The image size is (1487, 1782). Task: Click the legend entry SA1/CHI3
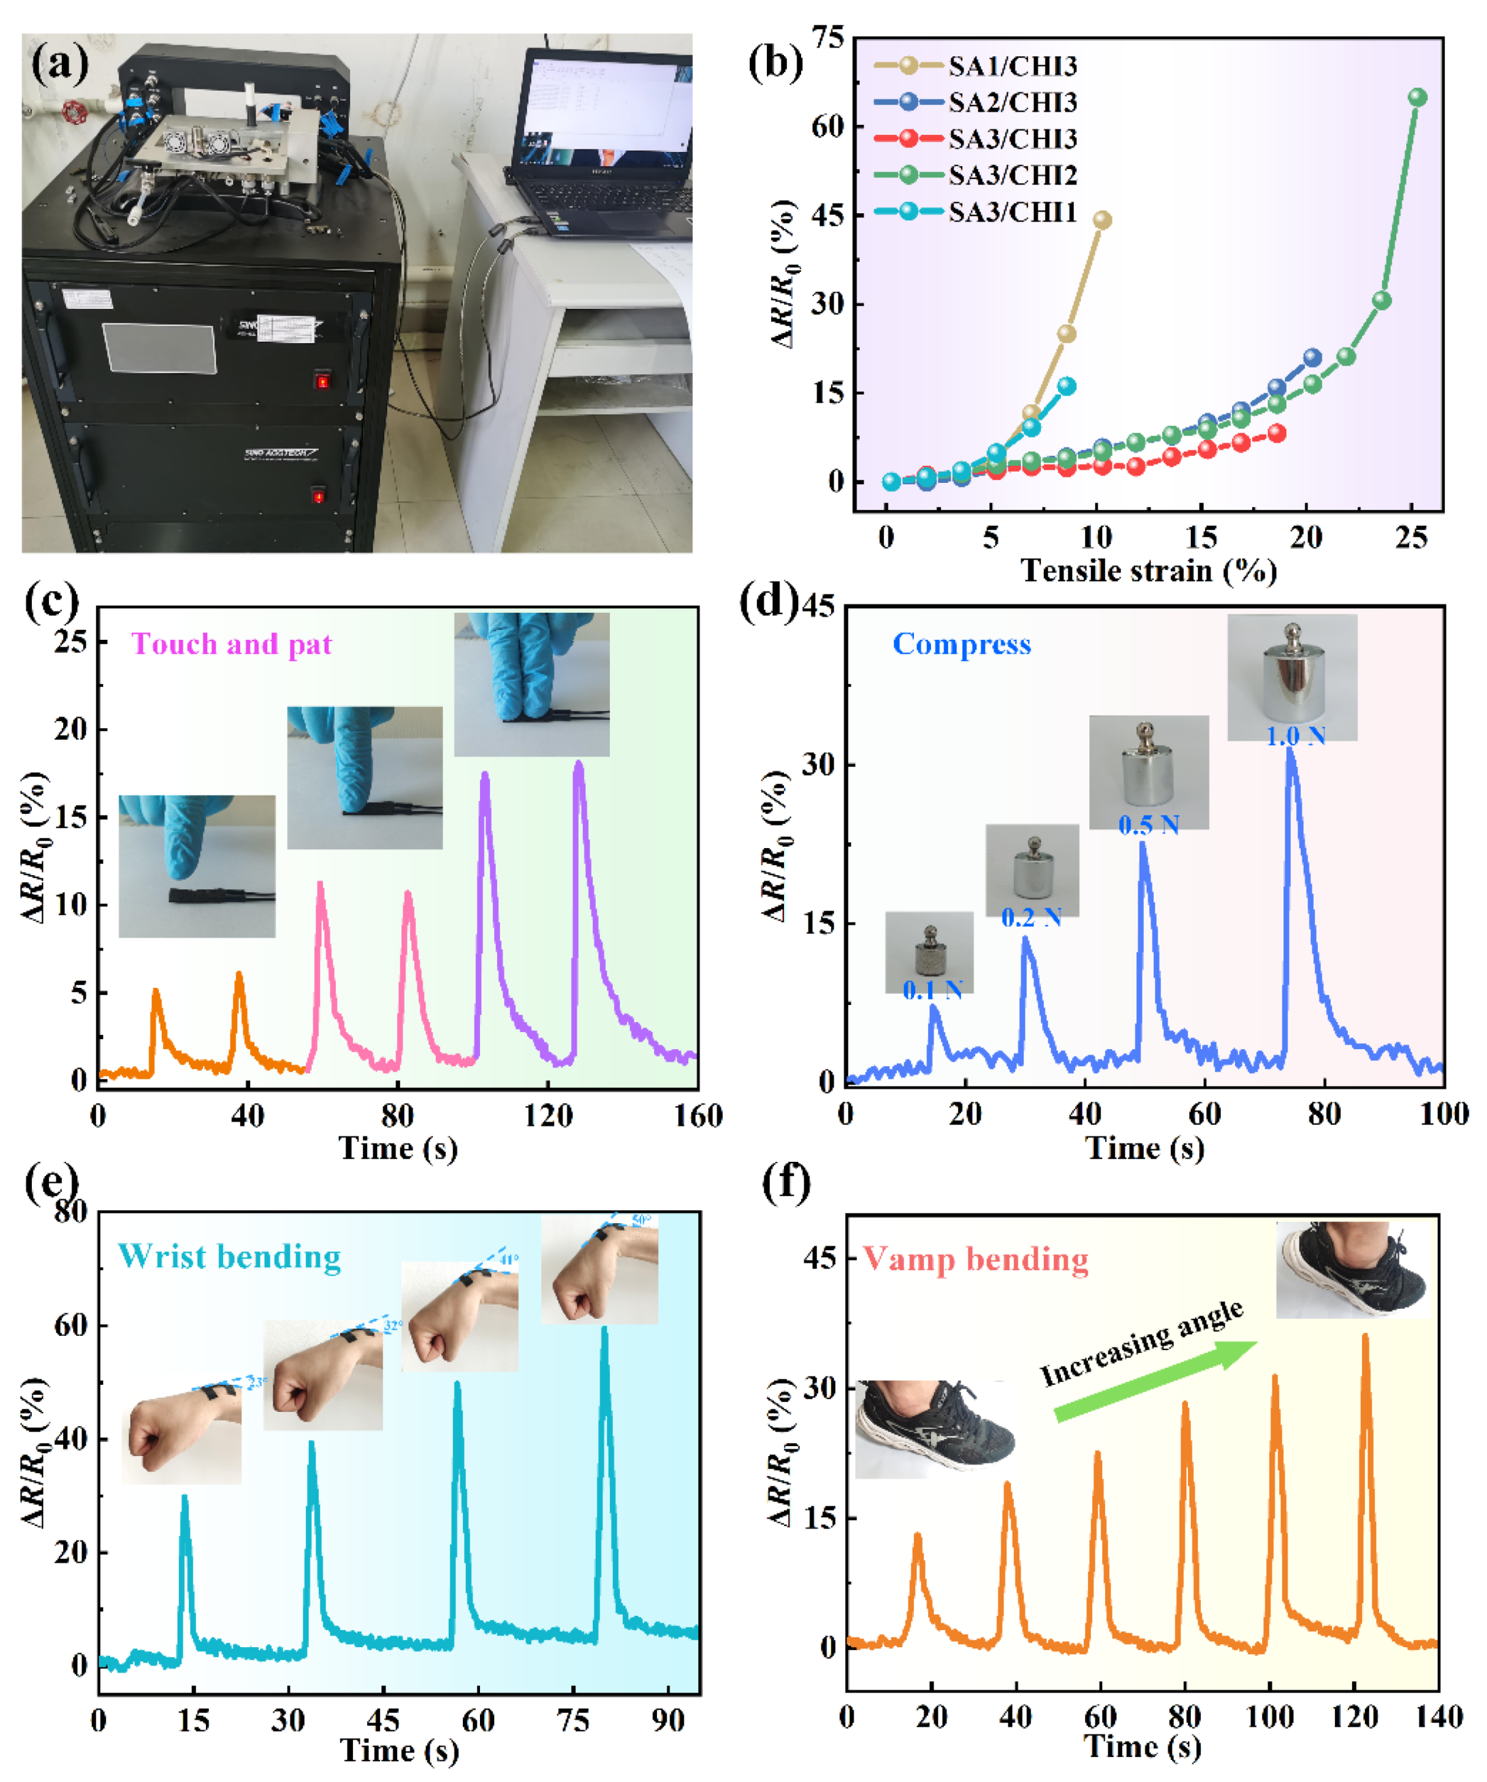coord(1012,66)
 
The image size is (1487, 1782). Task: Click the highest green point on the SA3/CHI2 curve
coord(1417,97)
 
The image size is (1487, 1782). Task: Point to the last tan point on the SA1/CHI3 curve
coord(1101,220)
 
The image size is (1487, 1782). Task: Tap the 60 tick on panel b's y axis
coord(827,126)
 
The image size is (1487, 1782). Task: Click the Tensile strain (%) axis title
coord(1149,571)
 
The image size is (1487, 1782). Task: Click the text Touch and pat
coord(231,644)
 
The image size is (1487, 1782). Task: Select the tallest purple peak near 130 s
coord(579,766)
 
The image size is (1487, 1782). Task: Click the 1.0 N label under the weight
coord(1295,736)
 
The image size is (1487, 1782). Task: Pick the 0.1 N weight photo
coord(929,950)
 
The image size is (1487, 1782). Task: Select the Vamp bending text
coord(975,1259)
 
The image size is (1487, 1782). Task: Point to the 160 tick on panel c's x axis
coord(698,1115)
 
